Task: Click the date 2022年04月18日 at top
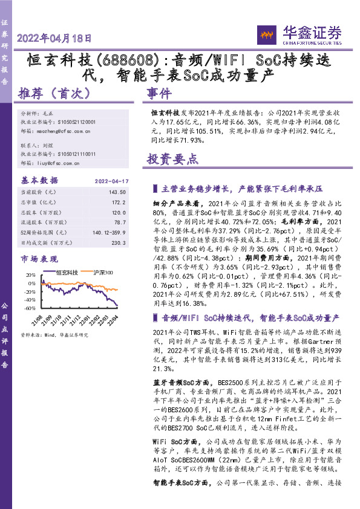[54, 38]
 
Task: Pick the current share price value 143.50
[120, 192]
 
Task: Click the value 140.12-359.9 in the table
[110, 232]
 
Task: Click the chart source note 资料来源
[54, 334]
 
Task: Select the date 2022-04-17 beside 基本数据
[113, 181]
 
